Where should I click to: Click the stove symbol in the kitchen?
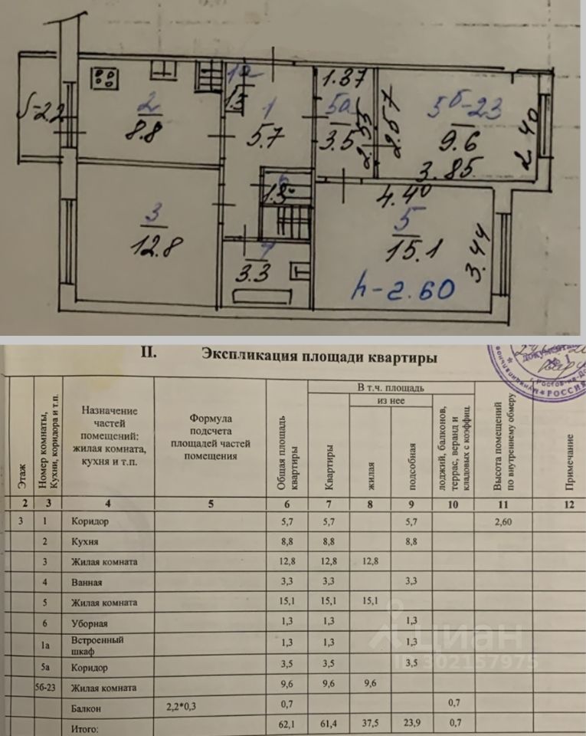[106, 77]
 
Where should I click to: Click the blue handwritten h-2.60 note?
[403, 288]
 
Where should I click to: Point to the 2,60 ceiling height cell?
[503, 522]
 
